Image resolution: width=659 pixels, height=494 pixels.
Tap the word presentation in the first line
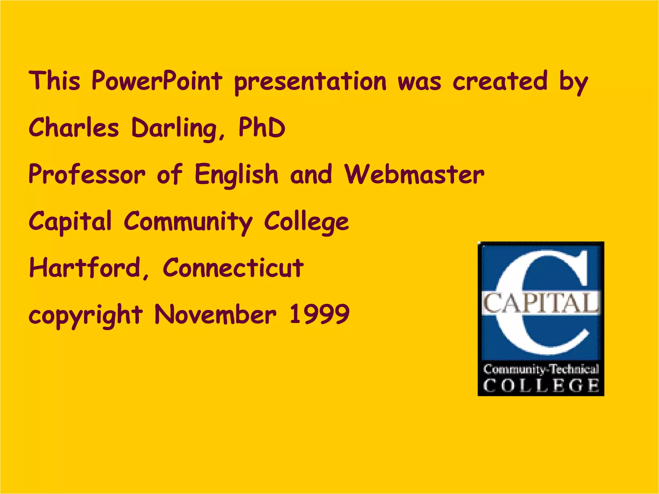pyautogui.click(x=310, y=82)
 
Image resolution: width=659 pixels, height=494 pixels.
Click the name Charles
pyautogui.click(x=74, y=127)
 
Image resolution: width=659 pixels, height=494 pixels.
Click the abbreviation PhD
pyautogui.click(x=262, y=127)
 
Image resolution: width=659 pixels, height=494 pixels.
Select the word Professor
pyautogui.click(x=87, y=174)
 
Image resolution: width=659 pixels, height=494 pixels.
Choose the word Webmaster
pyautogui.click(x=414, y=174)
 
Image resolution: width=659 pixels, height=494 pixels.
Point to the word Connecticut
pyautogui.click(x=233, y=268)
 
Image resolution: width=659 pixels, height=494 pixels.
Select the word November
pyautogui.click(x=215, y=314)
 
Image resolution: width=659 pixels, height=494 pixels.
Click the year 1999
pyautogui.click(x=319, y=314)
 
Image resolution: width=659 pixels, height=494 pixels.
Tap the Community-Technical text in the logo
pyautogui.click(x=541, y=369)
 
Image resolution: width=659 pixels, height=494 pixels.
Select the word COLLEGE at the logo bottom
pyautogui.click(x=541, y=385)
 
